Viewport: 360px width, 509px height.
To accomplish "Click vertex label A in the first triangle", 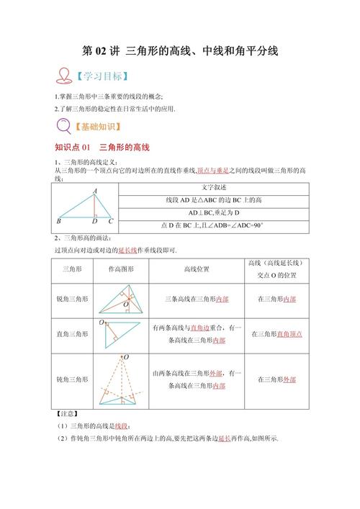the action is tap(95, 191).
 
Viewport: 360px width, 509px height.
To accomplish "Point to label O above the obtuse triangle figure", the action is tap(126, 357).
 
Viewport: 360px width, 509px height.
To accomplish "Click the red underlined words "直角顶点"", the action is tap(289, 334).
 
